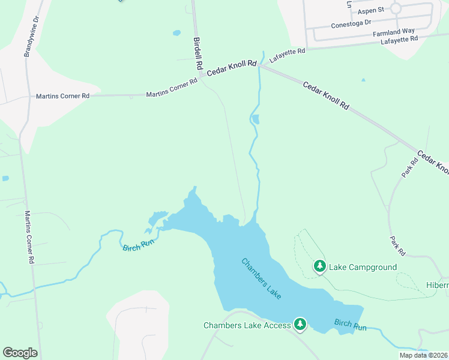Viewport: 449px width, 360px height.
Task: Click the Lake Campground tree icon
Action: (x=320, y=266)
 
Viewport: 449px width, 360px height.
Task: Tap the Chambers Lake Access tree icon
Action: (x=301, y=325)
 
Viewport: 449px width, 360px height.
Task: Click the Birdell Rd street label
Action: (x=198, y=53)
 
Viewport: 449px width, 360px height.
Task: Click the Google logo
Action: (x=19, y=352)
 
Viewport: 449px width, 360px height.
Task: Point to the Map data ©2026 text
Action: (x=423, y=355)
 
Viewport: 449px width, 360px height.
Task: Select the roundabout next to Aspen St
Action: (x=396, y=8)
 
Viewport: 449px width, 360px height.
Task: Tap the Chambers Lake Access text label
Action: (x=247, y=325)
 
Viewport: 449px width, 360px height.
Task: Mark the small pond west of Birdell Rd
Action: (x=176, y=32)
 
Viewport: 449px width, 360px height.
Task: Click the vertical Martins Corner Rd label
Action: (x=29, y=238)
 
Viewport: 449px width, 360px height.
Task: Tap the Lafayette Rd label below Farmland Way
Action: (x=399, y=40)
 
